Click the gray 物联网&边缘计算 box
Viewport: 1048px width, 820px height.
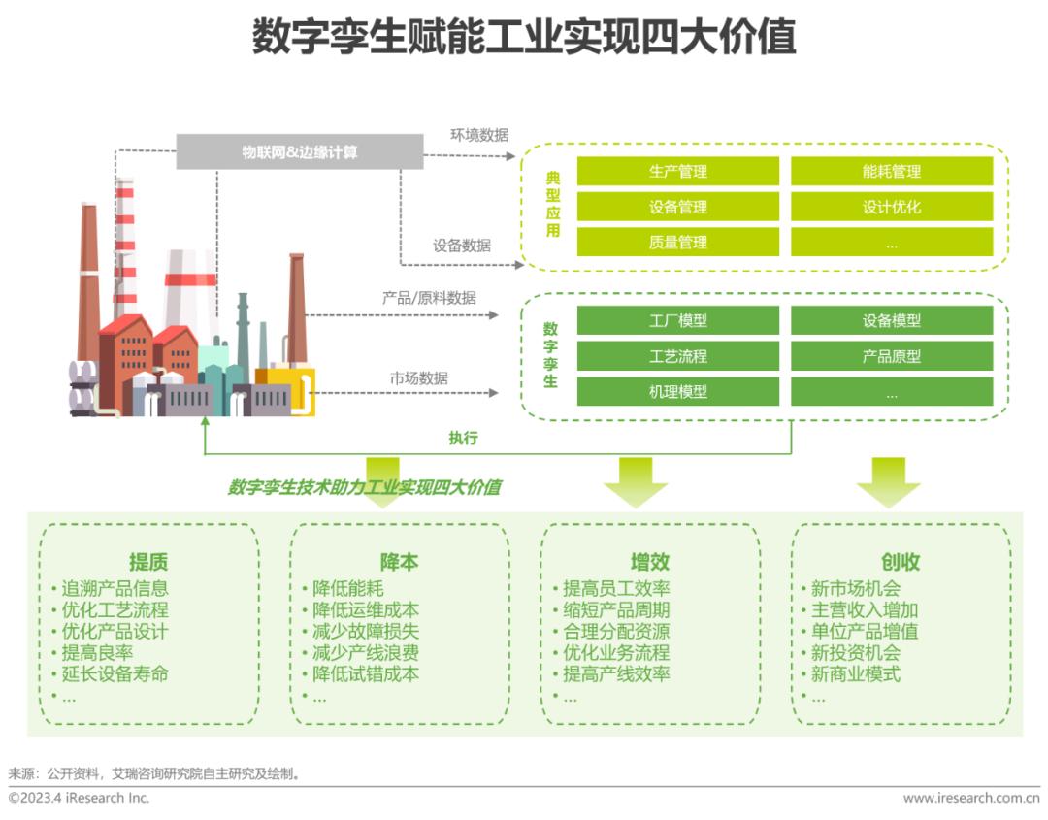(x=300, y=152)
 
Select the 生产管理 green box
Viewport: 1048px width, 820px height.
(x=677, y=172)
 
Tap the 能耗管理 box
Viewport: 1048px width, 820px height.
(x=891, y=172)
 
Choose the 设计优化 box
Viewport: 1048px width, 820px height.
(x=891, y=207)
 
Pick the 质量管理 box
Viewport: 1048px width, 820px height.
(x=677, y=243)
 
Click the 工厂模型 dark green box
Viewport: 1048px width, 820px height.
(x=677, y=321)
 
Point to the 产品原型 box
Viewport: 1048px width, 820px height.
(x=891, y=356)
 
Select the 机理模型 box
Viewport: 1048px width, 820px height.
(x=677, y=392)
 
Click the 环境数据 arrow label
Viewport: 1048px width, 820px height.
(x=478, y=135)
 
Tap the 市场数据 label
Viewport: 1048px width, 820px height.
(x=419, y=378)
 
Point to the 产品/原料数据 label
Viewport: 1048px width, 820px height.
(x=429, y=298)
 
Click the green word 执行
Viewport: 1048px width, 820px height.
(x=463, y=438)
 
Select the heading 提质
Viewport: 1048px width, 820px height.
(x=148, y=562)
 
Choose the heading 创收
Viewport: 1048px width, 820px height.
(x=901, y=562)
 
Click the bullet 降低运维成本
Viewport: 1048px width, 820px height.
(x=365, y=609)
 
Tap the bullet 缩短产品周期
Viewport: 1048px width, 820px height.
(x=616, y=609)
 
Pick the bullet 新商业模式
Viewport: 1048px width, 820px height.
(x=855, y=673)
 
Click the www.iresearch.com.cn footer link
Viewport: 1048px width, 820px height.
(x=970, y=798)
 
